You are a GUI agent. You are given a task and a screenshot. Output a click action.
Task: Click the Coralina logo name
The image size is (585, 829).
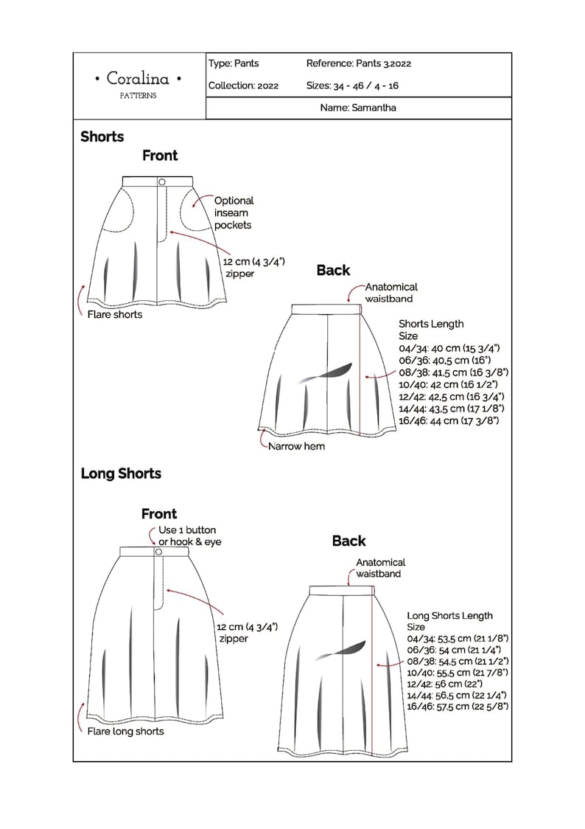[139, 78]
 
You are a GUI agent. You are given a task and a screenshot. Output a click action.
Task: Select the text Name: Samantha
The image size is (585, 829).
[358, 108]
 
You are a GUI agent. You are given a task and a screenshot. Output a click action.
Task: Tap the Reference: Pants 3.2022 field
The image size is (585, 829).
[358, 63]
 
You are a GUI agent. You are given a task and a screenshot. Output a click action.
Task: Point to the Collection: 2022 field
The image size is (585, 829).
[243, 86]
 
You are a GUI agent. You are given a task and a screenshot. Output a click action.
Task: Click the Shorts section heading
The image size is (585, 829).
[102, 136]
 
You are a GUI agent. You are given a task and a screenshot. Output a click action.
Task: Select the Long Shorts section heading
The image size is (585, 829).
[121, 474]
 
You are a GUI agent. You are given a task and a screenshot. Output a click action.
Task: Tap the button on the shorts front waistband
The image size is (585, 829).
[161, 181]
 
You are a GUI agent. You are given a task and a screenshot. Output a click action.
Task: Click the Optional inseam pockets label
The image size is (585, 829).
[234, 212]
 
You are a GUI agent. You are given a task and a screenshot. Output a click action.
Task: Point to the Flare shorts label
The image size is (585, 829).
[114, 314]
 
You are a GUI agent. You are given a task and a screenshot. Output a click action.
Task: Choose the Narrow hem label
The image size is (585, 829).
[296, 446]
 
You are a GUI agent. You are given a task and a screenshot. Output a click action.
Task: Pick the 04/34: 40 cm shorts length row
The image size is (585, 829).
[449, 348]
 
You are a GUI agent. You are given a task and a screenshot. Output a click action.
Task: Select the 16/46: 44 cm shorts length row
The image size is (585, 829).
[449, 420]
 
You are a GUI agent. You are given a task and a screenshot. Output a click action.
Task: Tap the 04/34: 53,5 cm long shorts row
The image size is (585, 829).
[458, 638]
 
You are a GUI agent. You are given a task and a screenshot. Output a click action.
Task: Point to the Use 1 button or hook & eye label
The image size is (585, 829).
[190, 536]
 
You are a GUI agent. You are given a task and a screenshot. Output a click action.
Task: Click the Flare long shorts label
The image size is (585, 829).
[125, 731]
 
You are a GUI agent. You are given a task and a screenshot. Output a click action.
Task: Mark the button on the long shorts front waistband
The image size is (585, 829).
[158, 551]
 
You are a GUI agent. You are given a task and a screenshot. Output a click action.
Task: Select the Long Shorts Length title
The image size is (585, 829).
[449, 616]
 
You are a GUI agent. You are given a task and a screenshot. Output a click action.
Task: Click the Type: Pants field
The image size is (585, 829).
[234, 63]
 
